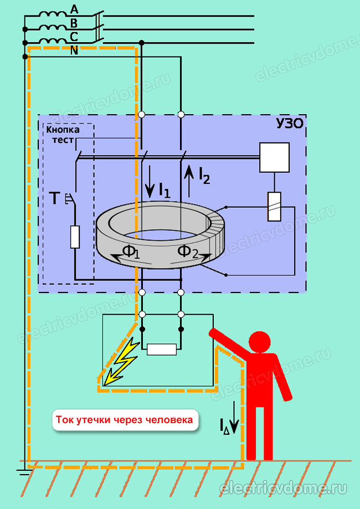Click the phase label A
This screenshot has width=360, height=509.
74,10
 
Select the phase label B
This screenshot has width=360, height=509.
74,23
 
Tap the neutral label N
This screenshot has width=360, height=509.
74,50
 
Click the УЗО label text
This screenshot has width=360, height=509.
290,124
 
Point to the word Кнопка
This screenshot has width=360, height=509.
63,130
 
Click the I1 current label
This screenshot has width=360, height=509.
164,191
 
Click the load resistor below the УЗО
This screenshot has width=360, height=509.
162,349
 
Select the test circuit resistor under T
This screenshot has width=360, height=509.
75,237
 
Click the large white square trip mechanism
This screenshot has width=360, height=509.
274,157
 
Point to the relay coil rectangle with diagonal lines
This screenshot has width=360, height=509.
274,207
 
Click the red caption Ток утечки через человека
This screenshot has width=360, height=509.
125,420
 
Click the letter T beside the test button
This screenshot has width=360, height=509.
55,199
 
